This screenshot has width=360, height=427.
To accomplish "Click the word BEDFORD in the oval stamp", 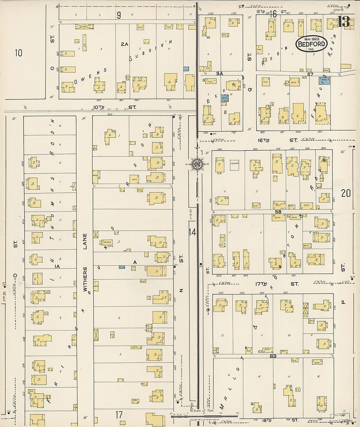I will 312,44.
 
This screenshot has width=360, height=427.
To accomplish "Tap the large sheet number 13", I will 344,22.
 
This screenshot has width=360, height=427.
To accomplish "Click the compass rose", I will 197,164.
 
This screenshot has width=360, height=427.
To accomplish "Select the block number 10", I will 18,52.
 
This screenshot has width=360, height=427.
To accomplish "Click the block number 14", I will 192,232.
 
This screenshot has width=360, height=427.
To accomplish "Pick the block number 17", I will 119,415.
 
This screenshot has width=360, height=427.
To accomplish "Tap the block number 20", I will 346,193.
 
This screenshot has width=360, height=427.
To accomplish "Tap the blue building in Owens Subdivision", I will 186,69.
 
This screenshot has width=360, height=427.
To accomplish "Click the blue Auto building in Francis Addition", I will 324,80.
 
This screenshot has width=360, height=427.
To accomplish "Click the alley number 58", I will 278,212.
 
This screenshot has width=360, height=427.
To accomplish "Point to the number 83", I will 273,356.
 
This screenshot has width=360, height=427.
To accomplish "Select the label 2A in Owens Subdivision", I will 124,44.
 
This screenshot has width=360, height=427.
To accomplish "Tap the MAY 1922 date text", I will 311,39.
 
